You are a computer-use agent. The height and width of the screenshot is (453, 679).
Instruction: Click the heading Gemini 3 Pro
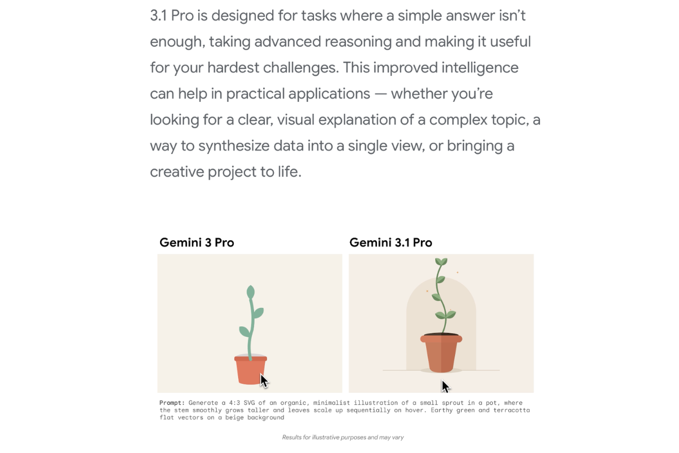pyautogui.click(x=197, y=242)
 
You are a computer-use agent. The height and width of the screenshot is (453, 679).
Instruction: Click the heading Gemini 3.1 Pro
pyautogui.click(x=391, y=242)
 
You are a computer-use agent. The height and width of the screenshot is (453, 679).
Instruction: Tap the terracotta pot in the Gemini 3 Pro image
pyautogui.click(x=250, y=370)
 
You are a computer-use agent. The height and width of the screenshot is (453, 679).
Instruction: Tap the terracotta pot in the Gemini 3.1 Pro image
pyautogui.click(x=441, y=353)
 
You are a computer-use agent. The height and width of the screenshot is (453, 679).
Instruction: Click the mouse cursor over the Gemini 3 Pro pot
pyautogui.click(x=264, y=381)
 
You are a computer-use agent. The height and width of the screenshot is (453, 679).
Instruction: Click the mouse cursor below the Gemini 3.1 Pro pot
pyautogui.click(x=445, y=387)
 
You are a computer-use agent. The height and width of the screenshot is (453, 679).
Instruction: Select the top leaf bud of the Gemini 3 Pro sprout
pyautogui.click(x=250, y=292)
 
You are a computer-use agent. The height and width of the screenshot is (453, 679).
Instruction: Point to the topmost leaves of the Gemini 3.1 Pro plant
pyautogui.click(x=441, y=262)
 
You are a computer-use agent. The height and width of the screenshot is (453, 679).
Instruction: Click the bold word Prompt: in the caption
pyautogui.click(x=172, y=403)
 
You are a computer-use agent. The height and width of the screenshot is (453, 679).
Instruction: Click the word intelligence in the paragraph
pyautogui.click(x=480, y=67)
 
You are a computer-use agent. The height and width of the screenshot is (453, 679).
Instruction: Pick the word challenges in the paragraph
pyautogui.click(x=300, y=67)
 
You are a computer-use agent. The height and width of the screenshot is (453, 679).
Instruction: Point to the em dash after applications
pyautogui.click(x=380, y=94)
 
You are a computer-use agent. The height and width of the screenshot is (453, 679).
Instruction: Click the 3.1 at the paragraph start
pyautogui.click(x=158, y=15)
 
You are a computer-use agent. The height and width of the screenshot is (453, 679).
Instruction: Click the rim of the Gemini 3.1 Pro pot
pyautogui.click(x=441, y=338)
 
